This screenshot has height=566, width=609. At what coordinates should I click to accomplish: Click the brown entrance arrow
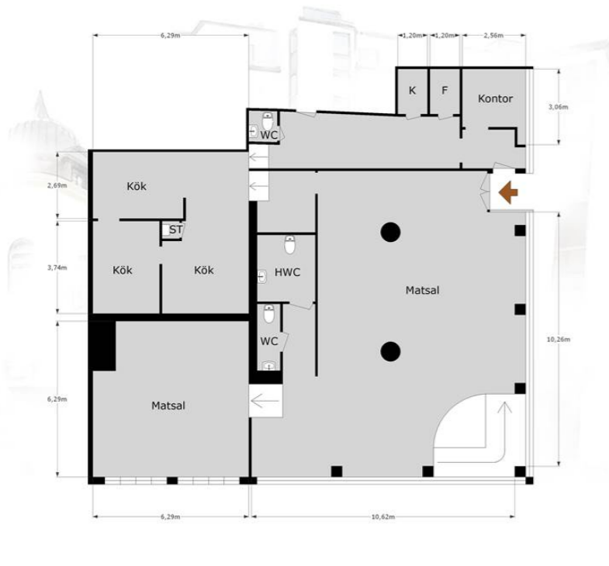coord(508,192)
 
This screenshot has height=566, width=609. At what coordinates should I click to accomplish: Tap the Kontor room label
coord(495,98)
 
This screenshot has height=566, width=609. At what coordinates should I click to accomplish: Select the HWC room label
coord(287,272)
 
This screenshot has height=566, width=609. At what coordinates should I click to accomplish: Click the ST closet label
coord(175,230)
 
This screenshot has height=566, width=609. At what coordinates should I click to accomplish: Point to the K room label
coord(412,91)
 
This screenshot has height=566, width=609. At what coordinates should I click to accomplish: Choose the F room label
coord(445,91)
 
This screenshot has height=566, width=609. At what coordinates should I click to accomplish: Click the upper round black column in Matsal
coord(390,232)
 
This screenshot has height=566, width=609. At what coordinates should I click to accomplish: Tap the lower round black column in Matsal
coord(390,351)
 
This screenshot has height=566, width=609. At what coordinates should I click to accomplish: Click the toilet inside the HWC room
coord(289,244)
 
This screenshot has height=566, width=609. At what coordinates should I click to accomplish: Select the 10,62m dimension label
coord(383,516)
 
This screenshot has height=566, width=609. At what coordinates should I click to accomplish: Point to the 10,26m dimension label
coord(559,340)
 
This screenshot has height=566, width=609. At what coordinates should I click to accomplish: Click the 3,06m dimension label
coord(558,107)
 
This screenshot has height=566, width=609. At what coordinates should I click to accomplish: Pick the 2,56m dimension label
coord(493,36)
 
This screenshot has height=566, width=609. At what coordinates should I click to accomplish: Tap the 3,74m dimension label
coord(57,267)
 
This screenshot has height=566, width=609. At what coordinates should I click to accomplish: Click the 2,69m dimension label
coord(57,185)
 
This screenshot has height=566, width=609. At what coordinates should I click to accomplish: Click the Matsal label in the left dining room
coord(168,406)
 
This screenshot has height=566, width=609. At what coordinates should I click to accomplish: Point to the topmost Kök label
coord(137,186)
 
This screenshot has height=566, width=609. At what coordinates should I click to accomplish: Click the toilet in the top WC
coord(268,121)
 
